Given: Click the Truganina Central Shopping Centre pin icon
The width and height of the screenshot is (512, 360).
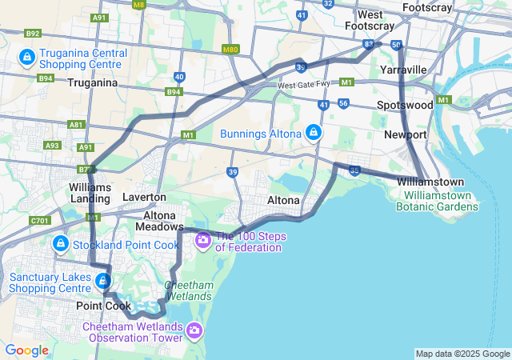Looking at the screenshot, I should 26,58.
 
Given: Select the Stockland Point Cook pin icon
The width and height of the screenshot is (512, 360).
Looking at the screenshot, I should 60,243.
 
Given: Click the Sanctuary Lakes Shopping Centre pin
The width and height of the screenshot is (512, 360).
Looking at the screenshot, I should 103,282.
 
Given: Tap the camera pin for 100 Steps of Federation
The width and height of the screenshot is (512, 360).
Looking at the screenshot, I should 203,239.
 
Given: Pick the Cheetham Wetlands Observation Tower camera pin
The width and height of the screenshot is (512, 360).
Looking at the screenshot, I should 194,330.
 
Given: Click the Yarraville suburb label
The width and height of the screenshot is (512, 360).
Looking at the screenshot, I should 404,70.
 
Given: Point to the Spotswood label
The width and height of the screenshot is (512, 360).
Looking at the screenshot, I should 405,105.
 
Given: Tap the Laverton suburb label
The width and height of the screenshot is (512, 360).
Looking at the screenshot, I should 144,197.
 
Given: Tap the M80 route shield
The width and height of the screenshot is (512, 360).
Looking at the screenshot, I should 231,50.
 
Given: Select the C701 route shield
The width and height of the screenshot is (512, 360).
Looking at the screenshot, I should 39,221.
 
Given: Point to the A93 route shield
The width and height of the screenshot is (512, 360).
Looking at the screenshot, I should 53,146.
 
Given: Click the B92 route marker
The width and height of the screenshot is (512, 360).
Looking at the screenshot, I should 33,34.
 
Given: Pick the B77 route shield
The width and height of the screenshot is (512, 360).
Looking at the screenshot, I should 86,170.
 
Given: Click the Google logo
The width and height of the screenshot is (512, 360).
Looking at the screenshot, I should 26,350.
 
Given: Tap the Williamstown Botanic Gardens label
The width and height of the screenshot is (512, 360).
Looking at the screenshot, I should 442,201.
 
